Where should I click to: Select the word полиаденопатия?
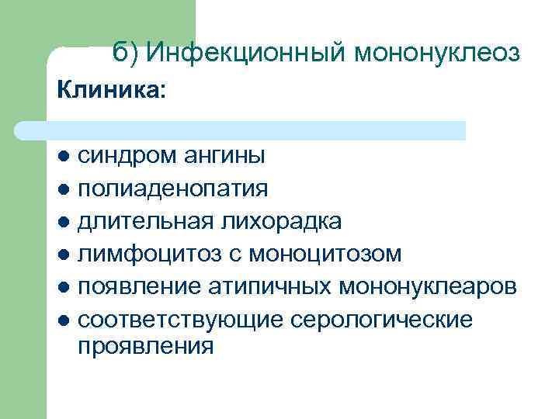173,189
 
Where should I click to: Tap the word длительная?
144,221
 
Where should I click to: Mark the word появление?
140,286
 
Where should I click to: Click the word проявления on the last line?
145,345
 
